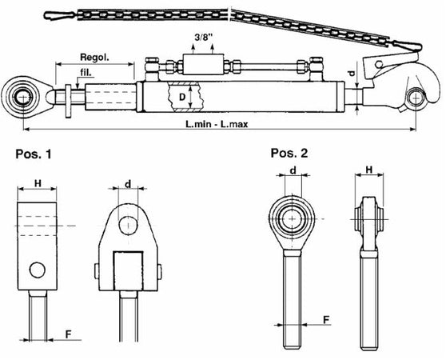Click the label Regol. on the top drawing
point(95,58)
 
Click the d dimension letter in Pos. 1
point(128,185)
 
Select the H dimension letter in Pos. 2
point(368,170)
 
